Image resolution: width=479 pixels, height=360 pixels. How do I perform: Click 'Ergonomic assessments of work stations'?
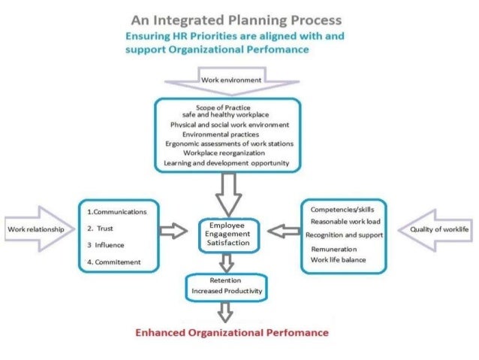pyautogui.click(x=229, y=142)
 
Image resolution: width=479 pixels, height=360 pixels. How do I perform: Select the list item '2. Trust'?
pyautogui.click(x=101, y=228)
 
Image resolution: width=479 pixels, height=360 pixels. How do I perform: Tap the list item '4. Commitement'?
pyautogui.click(x=113, y=262)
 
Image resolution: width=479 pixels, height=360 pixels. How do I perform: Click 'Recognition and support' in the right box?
pyautogui.click(x=345, y=235)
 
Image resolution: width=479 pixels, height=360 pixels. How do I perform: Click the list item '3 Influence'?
pyautogui.click(x=105, y=245)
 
